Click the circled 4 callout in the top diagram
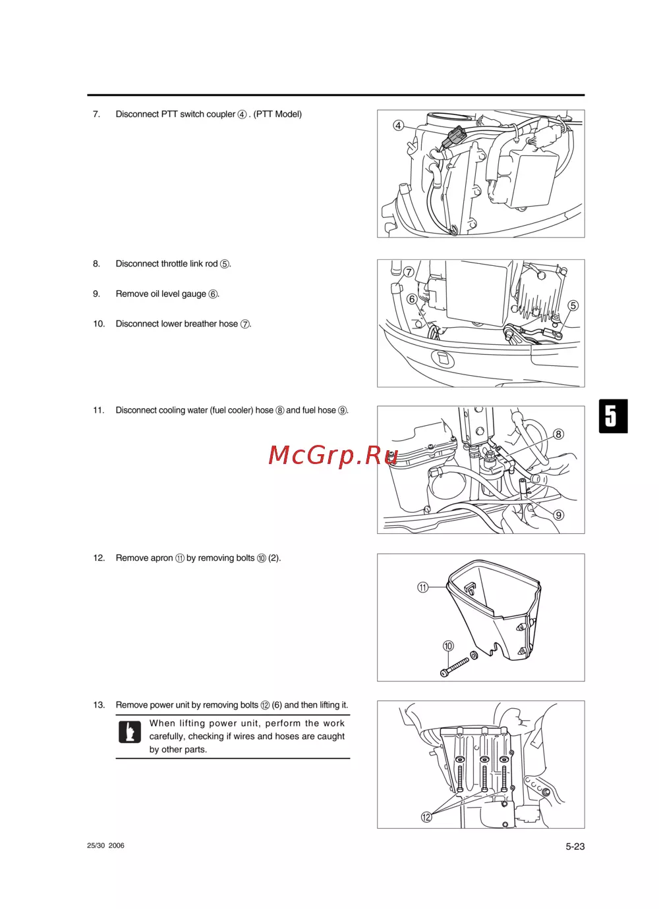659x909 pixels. [x=398, y=126]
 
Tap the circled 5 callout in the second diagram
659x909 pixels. [x=573, y=305]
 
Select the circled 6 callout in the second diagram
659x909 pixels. [x=412, y=299]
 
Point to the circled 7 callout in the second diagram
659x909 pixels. [x=409, y=272]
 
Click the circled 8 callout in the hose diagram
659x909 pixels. [x=558, y=434]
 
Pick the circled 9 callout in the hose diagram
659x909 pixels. [x=559, y=515]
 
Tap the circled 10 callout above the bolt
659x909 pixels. [x=448, y=646]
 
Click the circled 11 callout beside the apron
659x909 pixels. [x=423, y=587]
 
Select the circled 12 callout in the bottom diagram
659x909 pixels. [x=426, y=817]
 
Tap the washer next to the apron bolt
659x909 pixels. [x=474, y=655]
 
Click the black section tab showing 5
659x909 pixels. [x=613, y=416]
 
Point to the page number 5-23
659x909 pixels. [x=575, y=846]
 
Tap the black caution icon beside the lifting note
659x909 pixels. [x=130, y=732]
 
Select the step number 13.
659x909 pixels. [x=99, y=705]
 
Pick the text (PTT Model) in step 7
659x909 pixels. [x=277, y=114]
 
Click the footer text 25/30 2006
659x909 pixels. [x=105, y=845]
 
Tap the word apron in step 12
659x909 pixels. [x=162, y=558]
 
